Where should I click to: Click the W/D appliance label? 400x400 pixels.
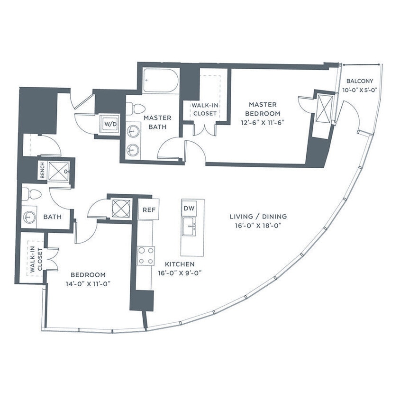point(109,124)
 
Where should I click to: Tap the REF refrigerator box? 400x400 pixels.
point(147,209)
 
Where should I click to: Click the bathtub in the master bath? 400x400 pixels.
point(160,80)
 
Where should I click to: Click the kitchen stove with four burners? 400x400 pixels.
point(145,256)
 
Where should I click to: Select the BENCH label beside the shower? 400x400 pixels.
point(42,171)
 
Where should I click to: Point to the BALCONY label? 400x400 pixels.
point(360,81)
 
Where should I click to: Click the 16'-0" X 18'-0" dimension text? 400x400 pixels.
point(258,226)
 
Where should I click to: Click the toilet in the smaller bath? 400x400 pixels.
point(32,194)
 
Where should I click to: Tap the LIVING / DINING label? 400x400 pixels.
point(258,217)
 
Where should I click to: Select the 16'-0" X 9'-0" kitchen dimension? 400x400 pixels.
point(181,273)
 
